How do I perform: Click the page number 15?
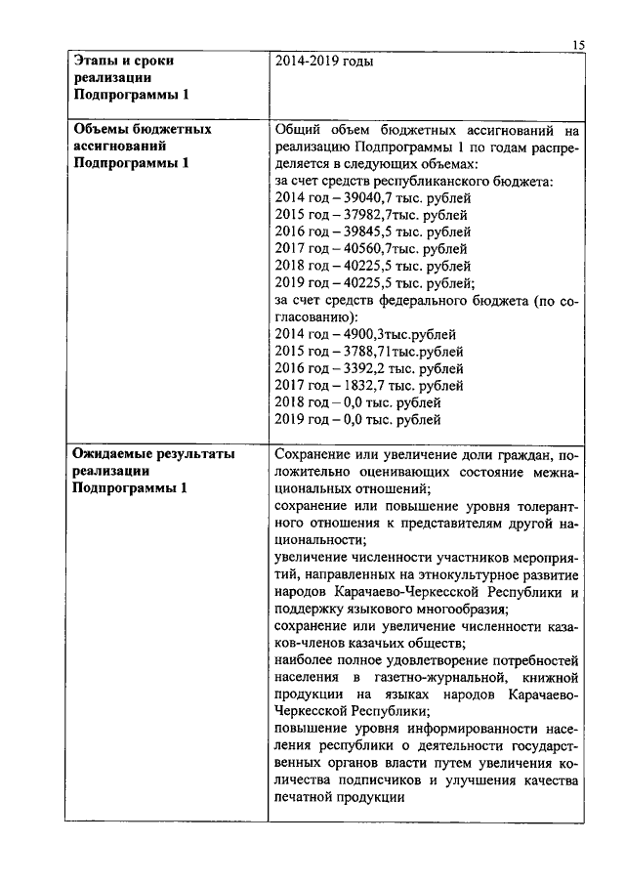[x=577, y=44]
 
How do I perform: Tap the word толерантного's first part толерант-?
[x=542, y=506]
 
